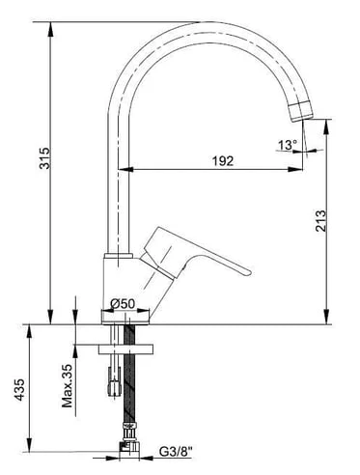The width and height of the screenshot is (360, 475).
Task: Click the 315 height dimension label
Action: point(44,158)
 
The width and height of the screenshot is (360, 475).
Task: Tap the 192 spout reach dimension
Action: point(223,160)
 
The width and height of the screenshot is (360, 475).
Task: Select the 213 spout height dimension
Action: point(320,221)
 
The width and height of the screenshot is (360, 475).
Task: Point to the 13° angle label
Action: point(288,145)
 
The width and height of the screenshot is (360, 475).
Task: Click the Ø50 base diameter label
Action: point(123,303)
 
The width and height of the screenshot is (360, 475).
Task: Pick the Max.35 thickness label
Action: point(68,385)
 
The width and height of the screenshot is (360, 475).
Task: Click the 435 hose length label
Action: point(19,390)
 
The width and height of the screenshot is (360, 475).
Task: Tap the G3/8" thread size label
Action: point(176,452)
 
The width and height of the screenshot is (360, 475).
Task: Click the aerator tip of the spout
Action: point(301,111)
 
